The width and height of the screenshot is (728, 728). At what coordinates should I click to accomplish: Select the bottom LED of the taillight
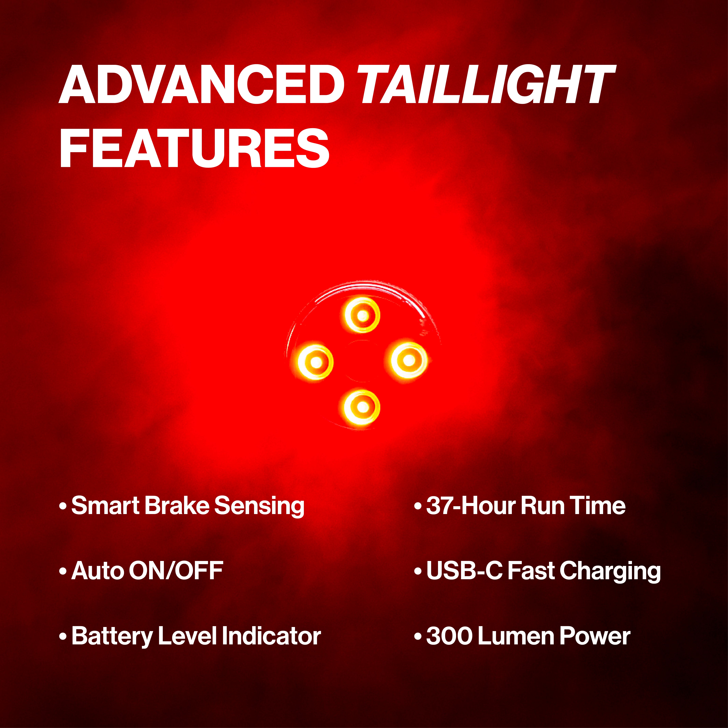(x=362, y=407)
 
